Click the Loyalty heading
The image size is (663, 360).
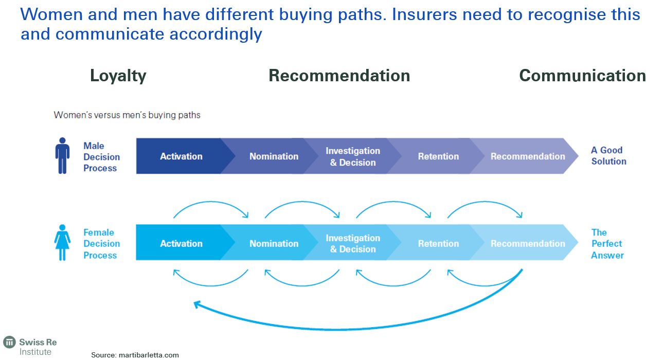pyautogui.click(x=118, y=76)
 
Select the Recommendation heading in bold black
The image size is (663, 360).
pyautogui.click(x=339, y=76)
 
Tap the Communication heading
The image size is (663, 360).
pyautogui.click(x=582, y=76)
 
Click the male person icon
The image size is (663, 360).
pyautogui.click(x=62, y=155)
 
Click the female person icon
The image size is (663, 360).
pyautogui.click(x=62, y=243)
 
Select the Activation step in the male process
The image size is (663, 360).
pyautogui.click(x=181, y=156)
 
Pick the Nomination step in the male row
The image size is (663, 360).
pyautogui.click(x=274, y=156)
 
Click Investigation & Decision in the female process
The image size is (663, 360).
pyautogui.click(x=353, y=243)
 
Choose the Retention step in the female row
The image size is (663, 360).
pyautogui.click(x=438, y=243)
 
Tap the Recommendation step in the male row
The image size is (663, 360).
pyautogui.click(x=527, y=156)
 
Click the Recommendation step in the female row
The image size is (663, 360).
pyautogui.click(x=527, y=243)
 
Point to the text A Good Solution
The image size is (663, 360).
pyautogui.click(x=608, y=155)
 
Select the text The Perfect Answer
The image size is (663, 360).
pyautogui.click(x=607, y=243)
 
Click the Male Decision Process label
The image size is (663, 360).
pyautogui.click(x=101, y=157)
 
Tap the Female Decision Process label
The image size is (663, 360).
pyautogui.click(x=101, y=244)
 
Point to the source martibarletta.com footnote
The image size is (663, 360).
pyautogui.click(x=135, y=355)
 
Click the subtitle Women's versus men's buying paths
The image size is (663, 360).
pyautogui.click(x=127, y=115)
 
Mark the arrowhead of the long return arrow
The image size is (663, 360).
pyautogui.click(x=197, y=304)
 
